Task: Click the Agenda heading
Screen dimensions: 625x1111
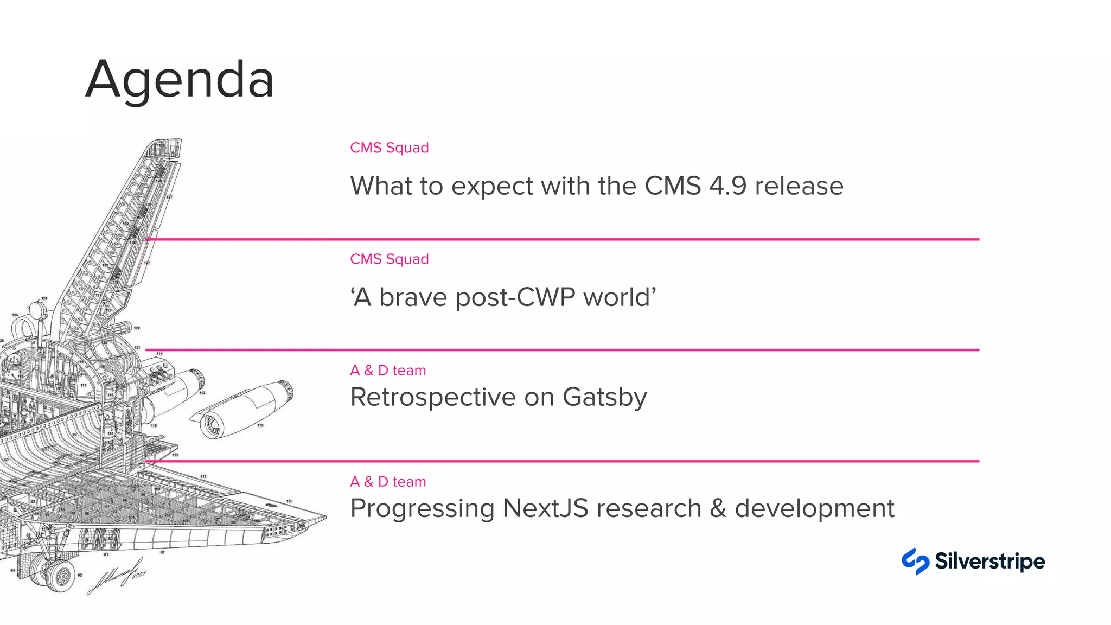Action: (180, 80)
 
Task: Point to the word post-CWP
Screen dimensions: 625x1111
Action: (515, 297)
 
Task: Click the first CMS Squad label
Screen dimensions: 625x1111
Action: (389, 148)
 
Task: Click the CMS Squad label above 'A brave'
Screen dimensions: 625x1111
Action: (389, 259)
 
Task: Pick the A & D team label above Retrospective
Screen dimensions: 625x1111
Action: (388, 371)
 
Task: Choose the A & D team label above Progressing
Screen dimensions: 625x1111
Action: (388, 482)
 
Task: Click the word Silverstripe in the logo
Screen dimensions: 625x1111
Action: (989, 561)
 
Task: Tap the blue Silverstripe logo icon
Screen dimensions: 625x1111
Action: (915, 561)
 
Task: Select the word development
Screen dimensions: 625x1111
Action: (814, 509)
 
